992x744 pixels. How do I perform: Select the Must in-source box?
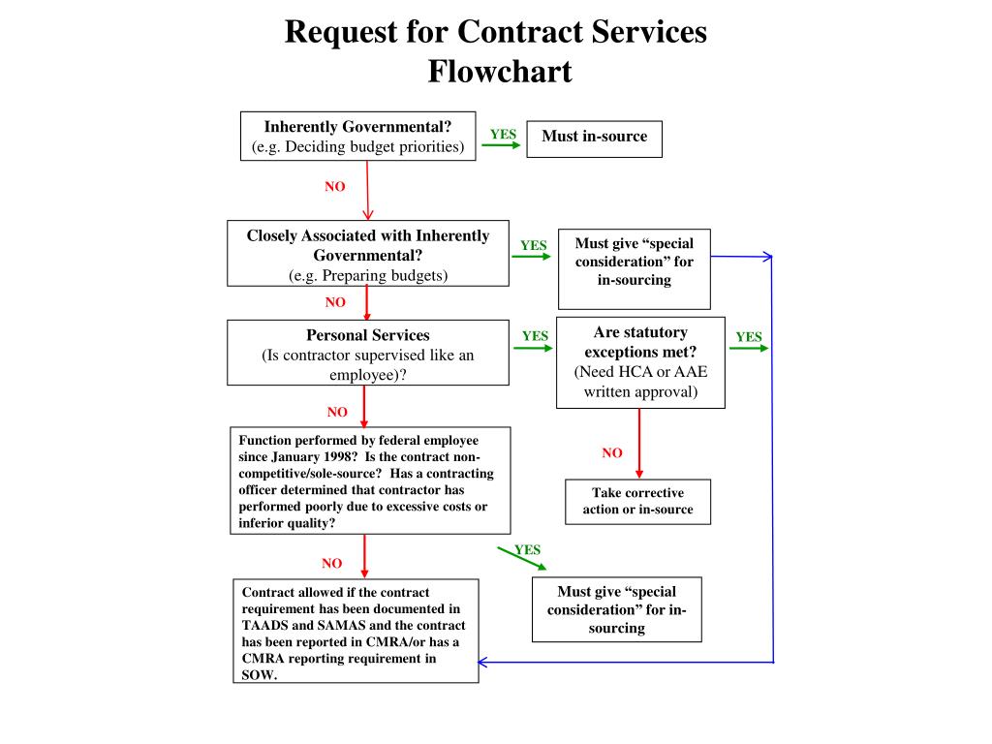[594, 137]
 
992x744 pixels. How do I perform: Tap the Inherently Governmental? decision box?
[358, 137]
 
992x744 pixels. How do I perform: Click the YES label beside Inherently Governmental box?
[503, 135]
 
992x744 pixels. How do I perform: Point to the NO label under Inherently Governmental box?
[335, 187]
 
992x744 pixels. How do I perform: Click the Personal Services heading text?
[368, 335]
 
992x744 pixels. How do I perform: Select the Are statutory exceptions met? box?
[639, 362]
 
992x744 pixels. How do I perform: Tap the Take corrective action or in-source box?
[637, 501]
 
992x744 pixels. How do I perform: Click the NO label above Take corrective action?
[612, 452]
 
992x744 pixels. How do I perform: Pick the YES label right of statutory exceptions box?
[749, 337]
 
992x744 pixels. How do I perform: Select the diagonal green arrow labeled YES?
[520, 558]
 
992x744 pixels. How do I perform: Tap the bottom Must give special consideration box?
[616, 609]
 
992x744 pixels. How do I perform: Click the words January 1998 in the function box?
[293, 456]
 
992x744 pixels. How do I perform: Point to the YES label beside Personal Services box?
[535, 336]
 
